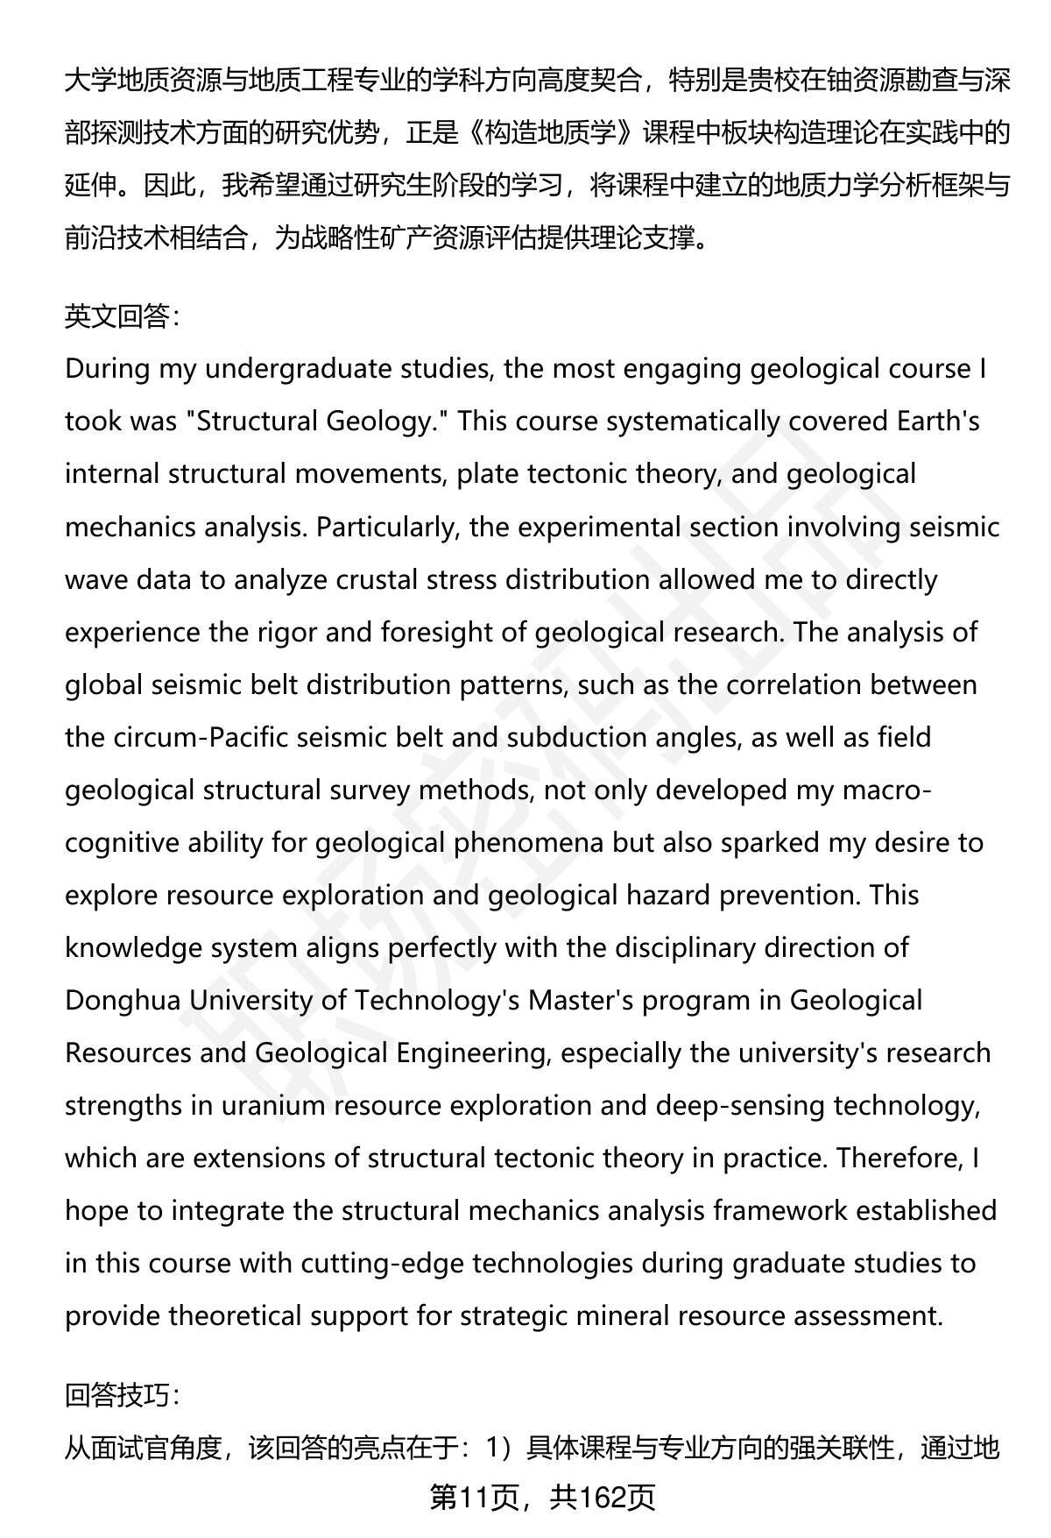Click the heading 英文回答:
point(122,316)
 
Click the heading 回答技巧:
point(122,1394)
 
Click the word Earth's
point(938,422)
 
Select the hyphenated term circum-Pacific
point(201,737)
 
